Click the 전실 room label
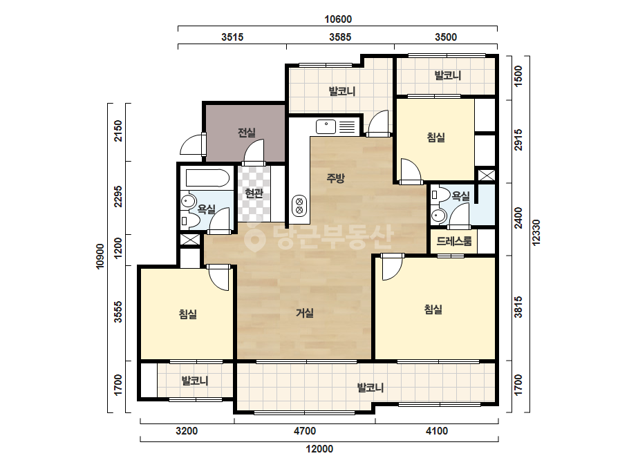pyautogui.click(x=247, y=132)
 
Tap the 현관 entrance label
pyautogui.click(x=254, y=193)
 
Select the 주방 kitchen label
pyautogui.click(x=336, y=178)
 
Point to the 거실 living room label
pyautogui.click(x=305, y=313)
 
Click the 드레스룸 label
pyautogui.click(x=454, y=241)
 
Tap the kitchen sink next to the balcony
pyautogui.click(x=326, y=126)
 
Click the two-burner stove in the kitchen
pyautogui.click(x=300, y=205)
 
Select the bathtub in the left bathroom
pyautogui.click(x=208, y=178)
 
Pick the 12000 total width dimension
pyautogui.click(x=319, y=449)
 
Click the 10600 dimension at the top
pyautogui.click(x=338, y=19)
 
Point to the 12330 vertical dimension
pyautogui.click(x=536, y=232)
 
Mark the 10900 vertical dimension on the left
pyautogui.click(x=100, y=256)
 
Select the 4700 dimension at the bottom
pyautogui.click(x=305, y=430)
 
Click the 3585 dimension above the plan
pyautogui.click(x=340, y=37)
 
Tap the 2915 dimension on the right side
pyautogui.click(x=518, y=140)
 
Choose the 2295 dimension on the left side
pyautogui.click(x=118, y=196)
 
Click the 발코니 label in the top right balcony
pyautogui.click(x=448, y=75)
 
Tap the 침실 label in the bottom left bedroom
pyautogui.click(x=188, y=314)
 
